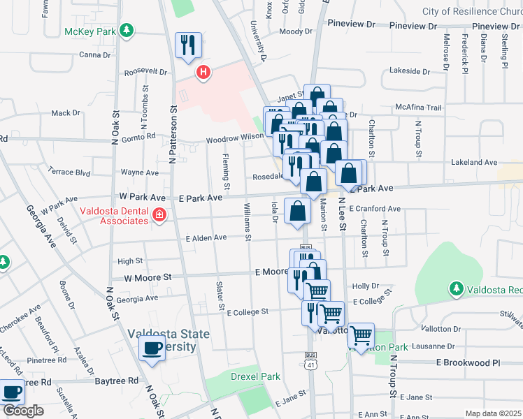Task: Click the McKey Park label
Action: tap(90, 31)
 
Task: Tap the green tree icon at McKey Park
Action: tap(126, 30)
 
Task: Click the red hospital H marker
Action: tap(203, 72)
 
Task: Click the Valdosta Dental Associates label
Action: tap(113, 216)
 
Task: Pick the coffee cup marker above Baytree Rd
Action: tap(152, 348)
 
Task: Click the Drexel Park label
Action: tap(256, 376)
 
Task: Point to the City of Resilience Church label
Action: tap(472, 11)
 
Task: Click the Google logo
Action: tap(22, 411)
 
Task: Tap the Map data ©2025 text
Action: tap(493, 413)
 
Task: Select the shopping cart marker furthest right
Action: tap(361, 336)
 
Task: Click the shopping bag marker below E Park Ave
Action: tap(298, 210)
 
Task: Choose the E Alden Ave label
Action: tap(206, 238)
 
